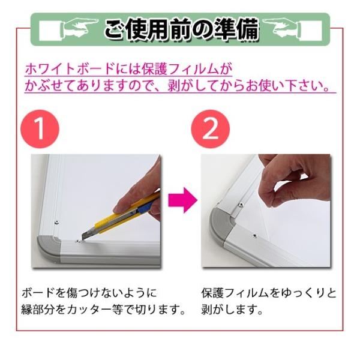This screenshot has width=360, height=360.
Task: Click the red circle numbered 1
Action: coord(40,129)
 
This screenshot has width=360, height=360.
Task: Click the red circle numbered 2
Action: coord(211,129)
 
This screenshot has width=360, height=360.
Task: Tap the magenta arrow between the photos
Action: coord(183,200)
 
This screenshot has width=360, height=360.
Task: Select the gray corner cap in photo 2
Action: coord(221,224)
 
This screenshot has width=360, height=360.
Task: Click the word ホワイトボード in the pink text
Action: coord(70,68)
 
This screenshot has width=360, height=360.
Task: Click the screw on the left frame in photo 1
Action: coord(56,222)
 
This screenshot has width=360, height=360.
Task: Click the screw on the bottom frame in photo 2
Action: coord(254,236)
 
